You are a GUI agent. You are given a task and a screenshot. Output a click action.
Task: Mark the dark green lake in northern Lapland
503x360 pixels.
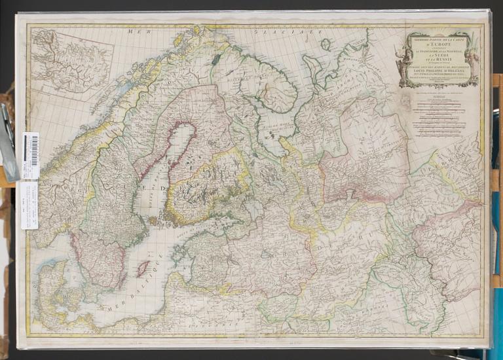coord(216,58)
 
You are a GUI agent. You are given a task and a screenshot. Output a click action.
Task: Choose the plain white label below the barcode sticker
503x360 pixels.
coord(29,204)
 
